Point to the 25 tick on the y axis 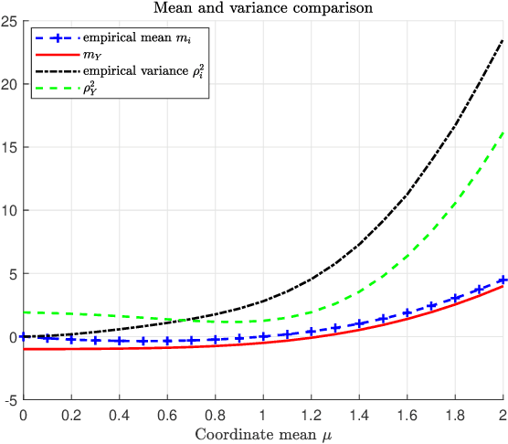12,21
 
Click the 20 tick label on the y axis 12,84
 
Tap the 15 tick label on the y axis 12,147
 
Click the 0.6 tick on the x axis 167,413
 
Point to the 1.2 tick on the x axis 312,413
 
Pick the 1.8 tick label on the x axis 455,413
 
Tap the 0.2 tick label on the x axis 71,413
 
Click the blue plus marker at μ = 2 503,280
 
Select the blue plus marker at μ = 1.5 384,317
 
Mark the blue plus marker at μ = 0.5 143,342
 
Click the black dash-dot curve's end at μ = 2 503,39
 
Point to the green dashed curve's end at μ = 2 503,132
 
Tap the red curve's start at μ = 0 24,349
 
